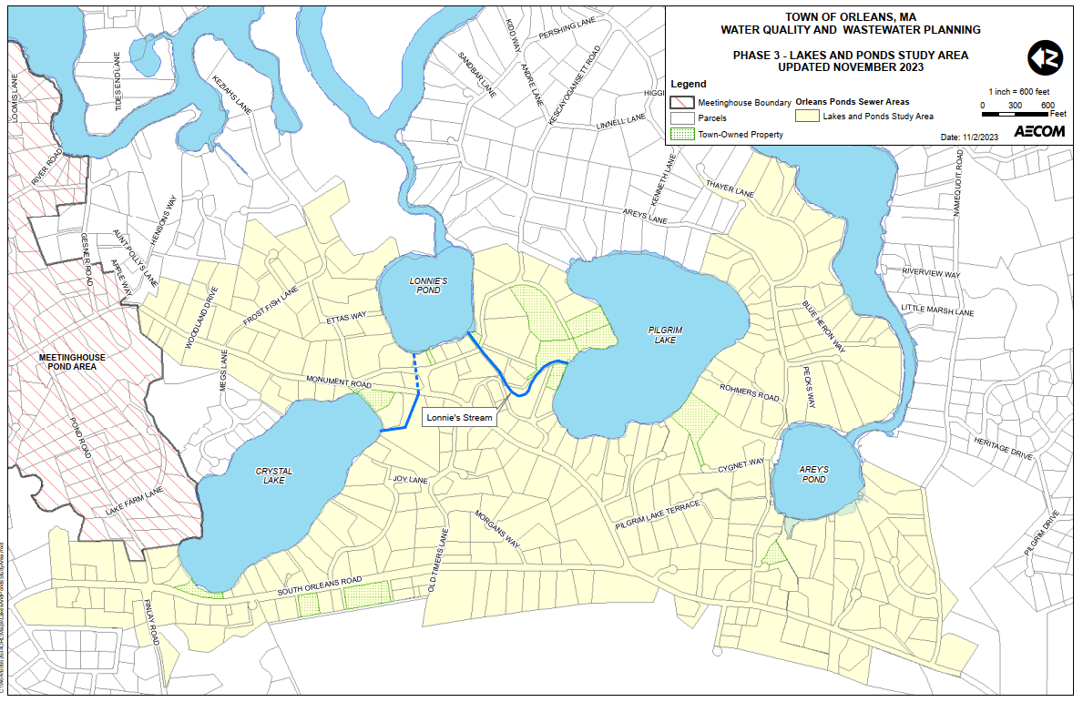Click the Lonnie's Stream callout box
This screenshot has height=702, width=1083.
tap(459, 418)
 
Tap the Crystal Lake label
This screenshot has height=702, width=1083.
tap(273, 475)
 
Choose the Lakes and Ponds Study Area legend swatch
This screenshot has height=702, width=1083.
tap(806, 117)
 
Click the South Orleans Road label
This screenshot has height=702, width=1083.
tap(320, 585)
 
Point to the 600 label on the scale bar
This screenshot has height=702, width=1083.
tap(1047, 105)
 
